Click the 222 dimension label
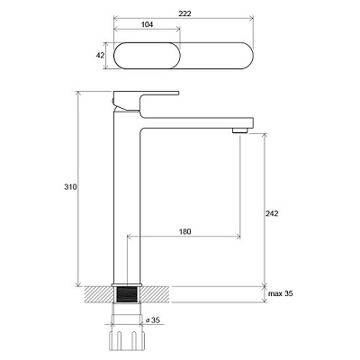(x=184, y=13)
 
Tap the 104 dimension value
(x=147, y=24)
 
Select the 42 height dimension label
(x=101, y=56)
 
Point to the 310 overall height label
(x=70, y=187)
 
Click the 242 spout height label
(x=272, y=213)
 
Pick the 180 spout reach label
(x=184, y=231)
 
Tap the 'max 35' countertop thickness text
(x=281, y=293)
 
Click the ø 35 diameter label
(x=153, y=320)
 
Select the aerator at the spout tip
(x=240, y=130)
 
